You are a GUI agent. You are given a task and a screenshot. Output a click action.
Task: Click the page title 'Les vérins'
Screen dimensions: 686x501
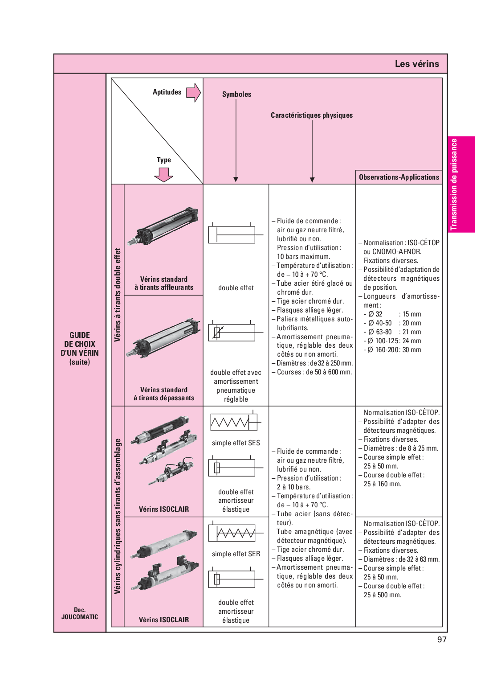pos(416,64)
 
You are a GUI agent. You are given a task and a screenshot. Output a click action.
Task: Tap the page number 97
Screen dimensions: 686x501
pos(441,640)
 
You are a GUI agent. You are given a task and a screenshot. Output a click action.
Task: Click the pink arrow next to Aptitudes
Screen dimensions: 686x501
pos(193,93)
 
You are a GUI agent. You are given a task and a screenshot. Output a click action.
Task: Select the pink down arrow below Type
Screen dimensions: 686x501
pos(163,174)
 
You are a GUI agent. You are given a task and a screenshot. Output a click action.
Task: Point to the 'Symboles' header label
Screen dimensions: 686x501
pos(236,94)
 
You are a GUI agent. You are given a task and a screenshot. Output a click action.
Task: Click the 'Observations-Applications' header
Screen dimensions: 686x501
pos(399,177)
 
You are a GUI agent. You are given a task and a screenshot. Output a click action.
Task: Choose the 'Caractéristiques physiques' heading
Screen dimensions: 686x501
pos(312,115)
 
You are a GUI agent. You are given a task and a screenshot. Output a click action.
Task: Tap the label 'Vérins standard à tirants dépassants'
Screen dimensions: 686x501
pos(164,394)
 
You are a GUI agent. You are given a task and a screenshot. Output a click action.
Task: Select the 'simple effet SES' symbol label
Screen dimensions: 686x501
pos(236,443)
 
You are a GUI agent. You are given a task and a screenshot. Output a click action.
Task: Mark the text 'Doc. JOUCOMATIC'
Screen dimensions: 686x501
pos(80,613)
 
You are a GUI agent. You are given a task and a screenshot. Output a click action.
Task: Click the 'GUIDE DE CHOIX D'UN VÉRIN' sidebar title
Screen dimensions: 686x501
pos(80,348)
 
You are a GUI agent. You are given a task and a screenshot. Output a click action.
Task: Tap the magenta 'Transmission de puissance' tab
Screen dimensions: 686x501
pos(461,185)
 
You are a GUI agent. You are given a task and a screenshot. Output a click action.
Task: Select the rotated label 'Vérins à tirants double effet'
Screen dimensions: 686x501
pos(118,295)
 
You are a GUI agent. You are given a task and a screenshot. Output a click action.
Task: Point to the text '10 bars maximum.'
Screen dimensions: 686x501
pos(303,257)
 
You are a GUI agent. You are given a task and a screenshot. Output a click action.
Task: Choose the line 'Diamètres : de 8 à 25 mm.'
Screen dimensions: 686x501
pos(401,448)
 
